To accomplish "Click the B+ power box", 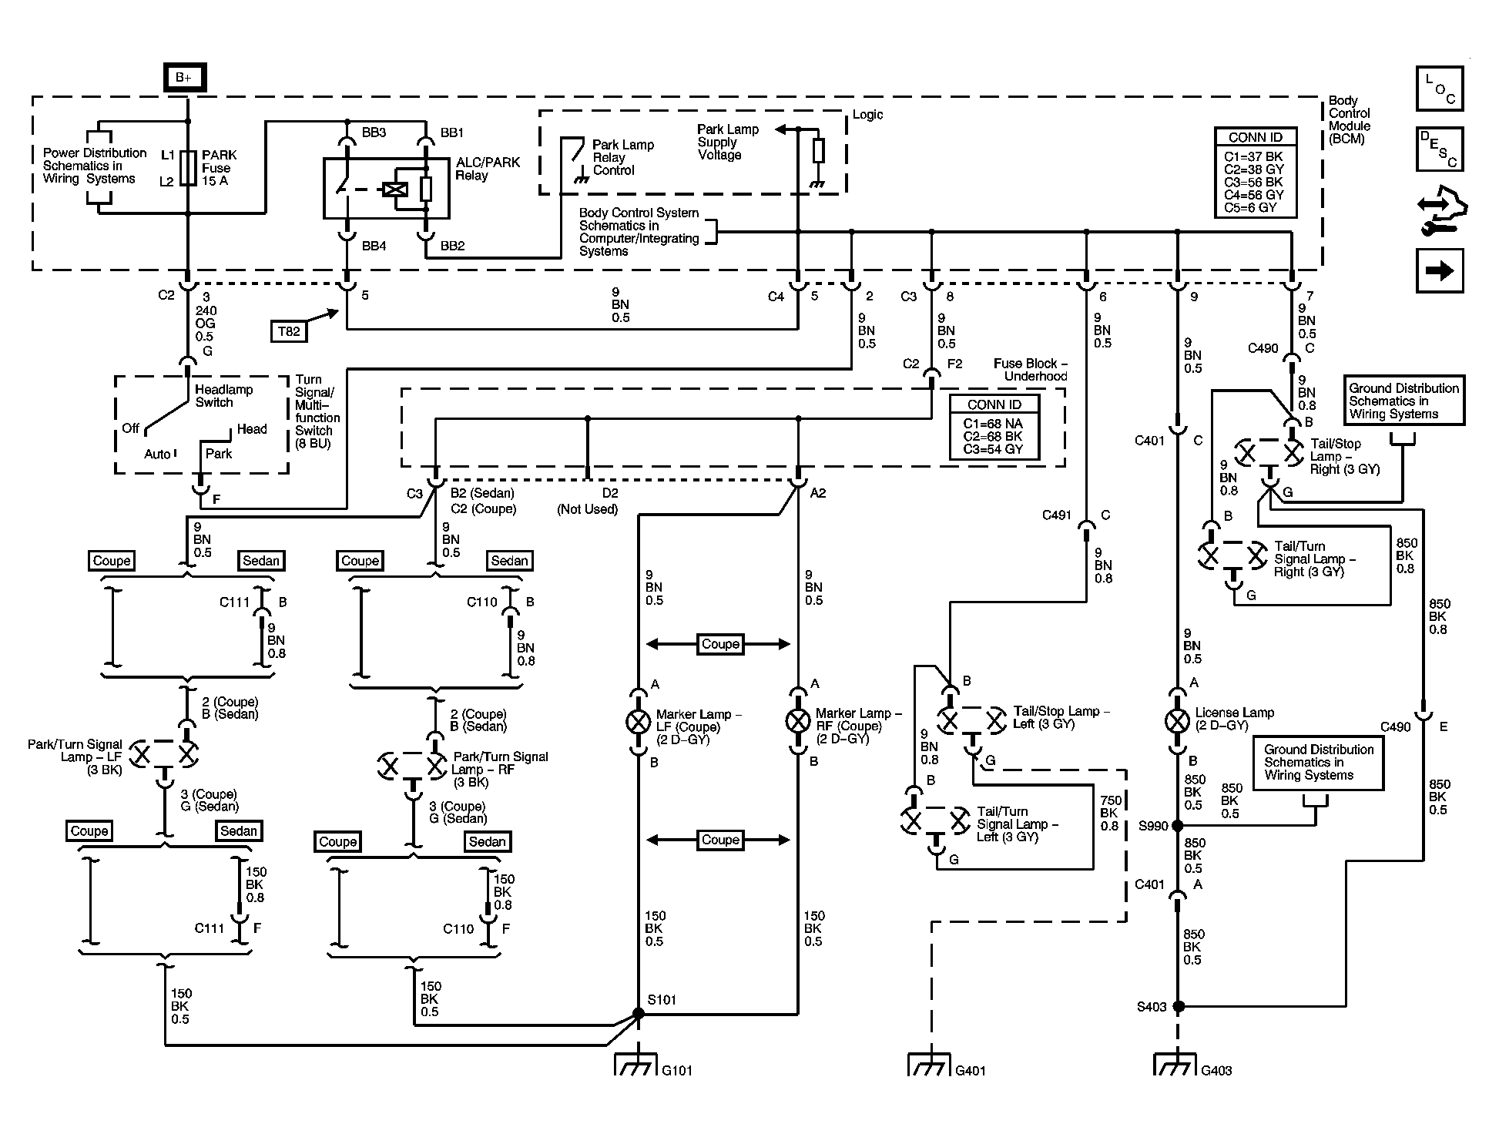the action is coord(185,78).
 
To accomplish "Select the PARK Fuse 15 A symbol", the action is coord(188,168).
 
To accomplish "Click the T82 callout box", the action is coord(289,331).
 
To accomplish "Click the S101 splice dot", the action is coord(638,1014).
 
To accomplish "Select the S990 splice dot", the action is coord(1177,826).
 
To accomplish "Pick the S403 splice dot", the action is coord(1177,1006).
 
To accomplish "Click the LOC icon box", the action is coord(1439,89).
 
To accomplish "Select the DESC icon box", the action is coord(1439,149).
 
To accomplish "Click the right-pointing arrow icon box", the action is coord(1439,270).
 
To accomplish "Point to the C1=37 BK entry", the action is coord(1254,157).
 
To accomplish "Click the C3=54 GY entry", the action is coord(993,449).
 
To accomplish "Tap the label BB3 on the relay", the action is coord(374,133).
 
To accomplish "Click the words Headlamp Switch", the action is coord(223,396).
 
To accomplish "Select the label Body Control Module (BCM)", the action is coord(1350,120).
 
